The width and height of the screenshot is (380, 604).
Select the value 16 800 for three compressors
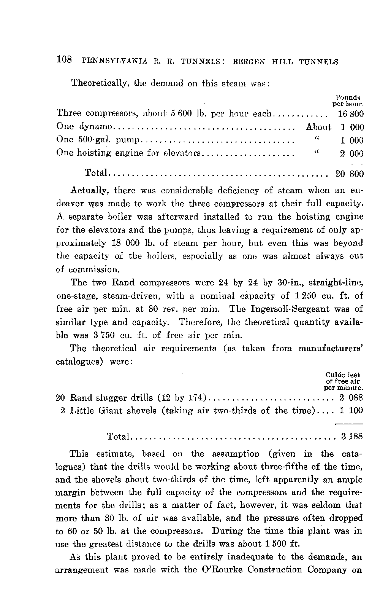[350, 114]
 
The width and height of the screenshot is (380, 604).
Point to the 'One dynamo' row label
[84, 127]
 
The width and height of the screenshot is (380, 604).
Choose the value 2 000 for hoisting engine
[351, 154]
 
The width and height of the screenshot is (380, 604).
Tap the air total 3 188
[352, 437]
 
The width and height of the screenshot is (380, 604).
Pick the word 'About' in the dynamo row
[318, 127]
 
